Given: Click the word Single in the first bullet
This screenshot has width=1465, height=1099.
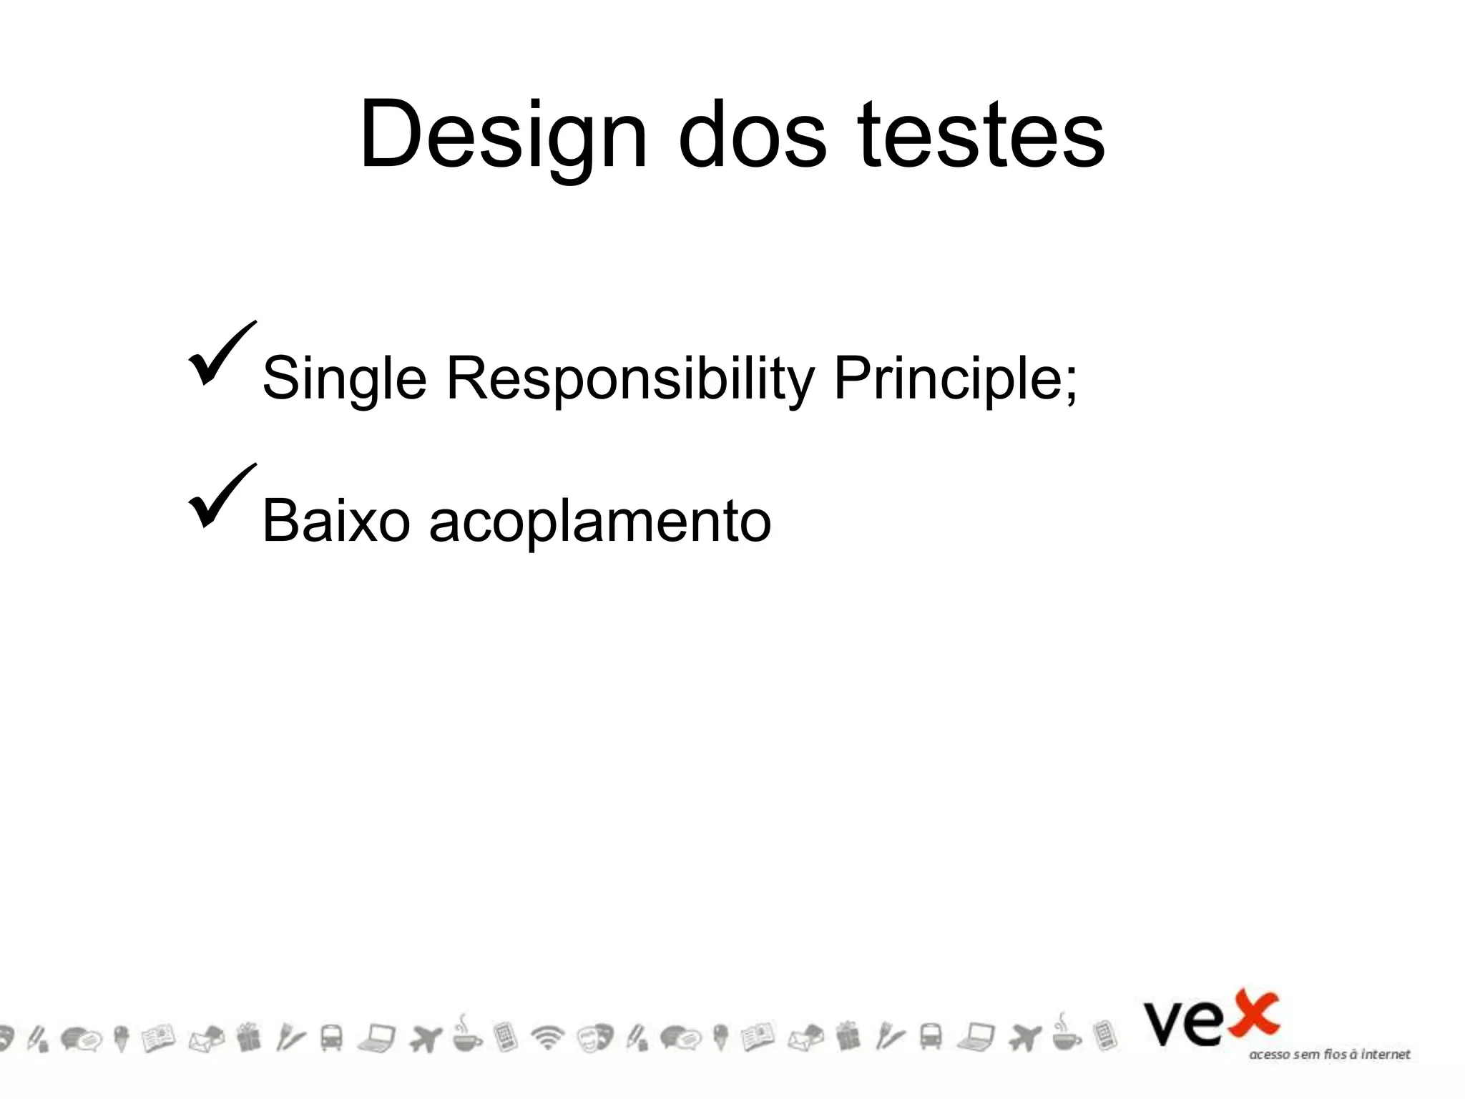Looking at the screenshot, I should point(344,378).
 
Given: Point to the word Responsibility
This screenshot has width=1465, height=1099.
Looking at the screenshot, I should point(630,378).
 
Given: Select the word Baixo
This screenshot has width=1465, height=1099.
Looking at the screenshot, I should point(336,521).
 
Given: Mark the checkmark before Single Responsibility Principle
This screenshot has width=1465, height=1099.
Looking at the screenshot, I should point(221,354).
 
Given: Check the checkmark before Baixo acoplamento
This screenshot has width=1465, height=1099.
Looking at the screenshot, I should point(221,497).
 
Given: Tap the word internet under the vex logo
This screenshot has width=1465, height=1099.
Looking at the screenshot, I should point(1386,1055).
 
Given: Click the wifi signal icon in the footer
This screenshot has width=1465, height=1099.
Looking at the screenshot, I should point(548,1037).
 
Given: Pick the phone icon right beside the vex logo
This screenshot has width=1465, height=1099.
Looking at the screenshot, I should point(1104,1036).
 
